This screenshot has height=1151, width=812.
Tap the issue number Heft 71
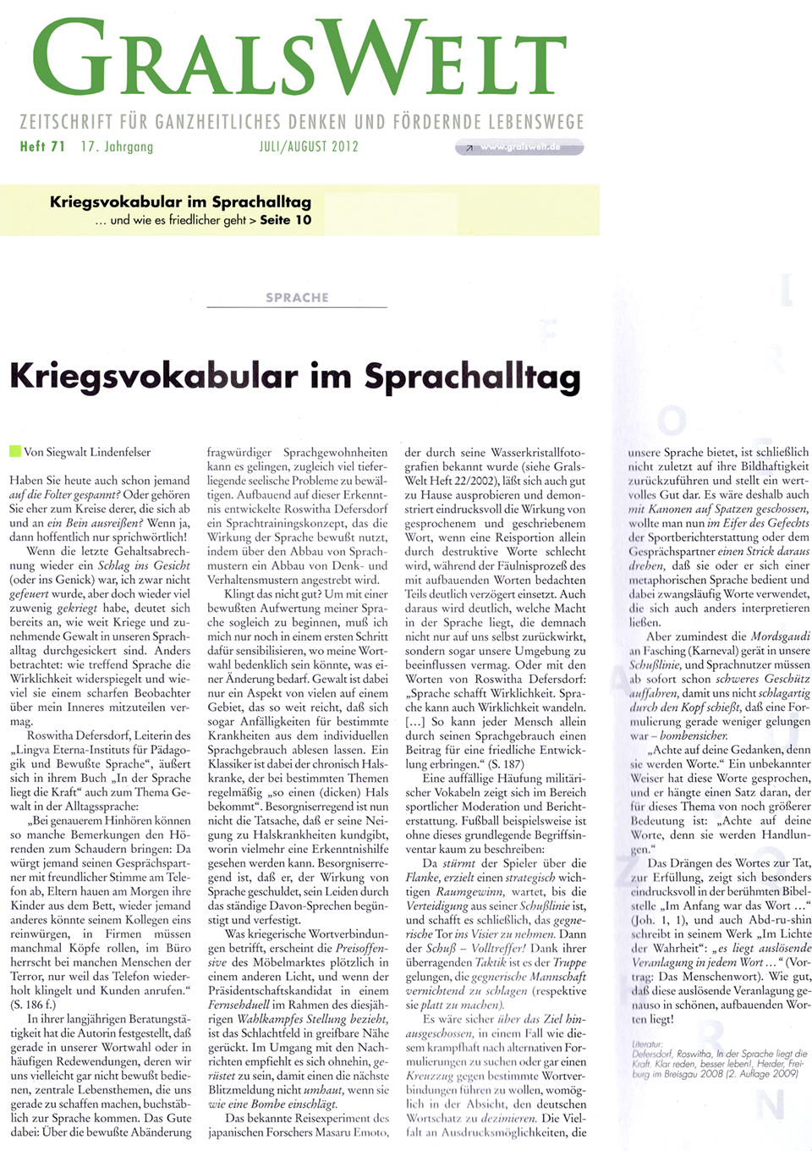tap(42, 146)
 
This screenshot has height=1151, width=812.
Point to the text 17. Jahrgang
tap(117, 146)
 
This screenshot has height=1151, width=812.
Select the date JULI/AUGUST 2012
tap(309, 146)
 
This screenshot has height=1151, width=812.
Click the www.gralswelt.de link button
tap(519, 147)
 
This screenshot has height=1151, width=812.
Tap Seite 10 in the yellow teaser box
tap(286, 220)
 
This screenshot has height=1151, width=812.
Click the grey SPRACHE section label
tap(297, 298)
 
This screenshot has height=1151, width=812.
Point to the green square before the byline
tap(14, 451)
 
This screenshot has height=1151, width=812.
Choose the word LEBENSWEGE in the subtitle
tap(541, 122)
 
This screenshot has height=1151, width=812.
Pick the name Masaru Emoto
tap(352, 1132)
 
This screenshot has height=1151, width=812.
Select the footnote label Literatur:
tap(647, 1044)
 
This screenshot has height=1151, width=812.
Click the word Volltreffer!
tap(499, 948)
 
